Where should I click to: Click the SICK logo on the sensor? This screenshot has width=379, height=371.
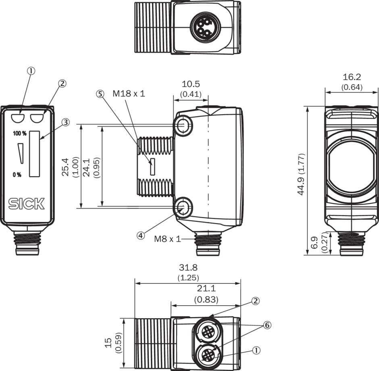pos(27,204)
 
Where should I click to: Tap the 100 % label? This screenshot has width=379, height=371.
pos(19,133)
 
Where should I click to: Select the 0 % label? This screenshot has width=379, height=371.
pos(17,175)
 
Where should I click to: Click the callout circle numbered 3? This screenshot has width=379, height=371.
pos(65,122)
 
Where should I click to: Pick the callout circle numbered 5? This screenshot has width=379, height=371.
pos(100,94)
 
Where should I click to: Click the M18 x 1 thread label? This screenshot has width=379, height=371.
pos(129,94)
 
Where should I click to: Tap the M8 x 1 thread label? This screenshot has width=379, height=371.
pos(167,239)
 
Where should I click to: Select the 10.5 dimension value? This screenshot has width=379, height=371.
pos(191,84)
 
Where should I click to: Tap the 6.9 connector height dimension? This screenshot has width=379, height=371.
pos(315,244)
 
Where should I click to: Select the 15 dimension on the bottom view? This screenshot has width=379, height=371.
pos(108,343)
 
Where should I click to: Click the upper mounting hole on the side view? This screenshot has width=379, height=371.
pos(184,126)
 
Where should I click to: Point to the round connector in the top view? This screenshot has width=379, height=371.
pos(202,27)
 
